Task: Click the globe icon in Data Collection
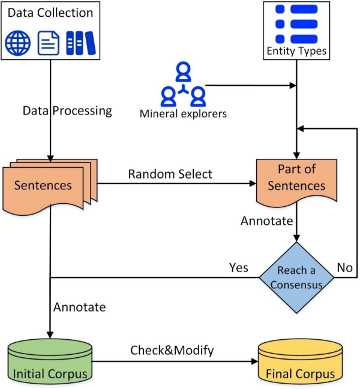click(19, 43)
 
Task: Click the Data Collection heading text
click(50, 13)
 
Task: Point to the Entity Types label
click(297, 51)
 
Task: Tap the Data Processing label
click(67, 110)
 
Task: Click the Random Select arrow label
click(170, 174)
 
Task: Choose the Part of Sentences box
click(296, 179)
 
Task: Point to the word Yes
click(238, 267)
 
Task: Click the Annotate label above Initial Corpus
click(79, 307)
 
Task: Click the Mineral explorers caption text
click(183, 113)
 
